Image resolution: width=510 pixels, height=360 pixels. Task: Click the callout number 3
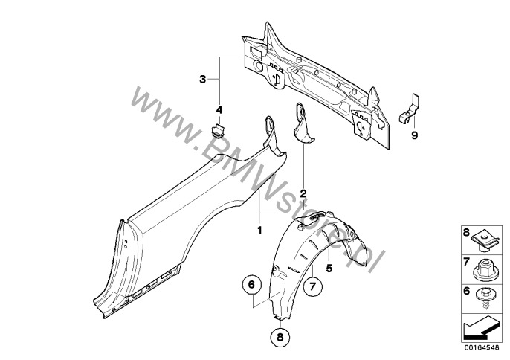point(203,79)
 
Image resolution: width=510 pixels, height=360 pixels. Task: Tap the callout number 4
point(219,109)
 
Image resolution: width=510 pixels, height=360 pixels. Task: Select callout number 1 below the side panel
point(259,231)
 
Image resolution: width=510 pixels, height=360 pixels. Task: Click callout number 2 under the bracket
point(303,194)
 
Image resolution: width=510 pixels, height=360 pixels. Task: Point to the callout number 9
point(414,135)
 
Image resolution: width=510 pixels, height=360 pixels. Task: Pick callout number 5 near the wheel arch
point(329,269)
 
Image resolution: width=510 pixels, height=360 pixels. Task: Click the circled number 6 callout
point(251,285)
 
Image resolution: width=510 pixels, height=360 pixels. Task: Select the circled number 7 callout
point(312,286)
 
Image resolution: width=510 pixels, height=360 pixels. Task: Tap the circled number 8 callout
point(280,337)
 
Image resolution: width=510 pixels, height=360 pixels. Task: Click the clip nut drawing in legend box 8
point(485,241)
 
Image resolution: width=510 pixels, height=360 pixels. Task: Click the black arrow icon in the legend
point(481,328)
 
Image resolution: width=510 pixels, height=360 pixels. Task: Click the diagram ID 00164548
point(482,348)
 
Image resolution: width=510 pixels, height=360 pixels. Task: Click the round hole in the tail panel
point(257,66)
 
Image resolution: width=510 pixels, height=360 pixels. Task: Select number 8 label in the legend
point(466,232)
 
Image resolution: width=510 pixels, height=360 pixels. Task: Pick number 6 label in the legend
point(466,291)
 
